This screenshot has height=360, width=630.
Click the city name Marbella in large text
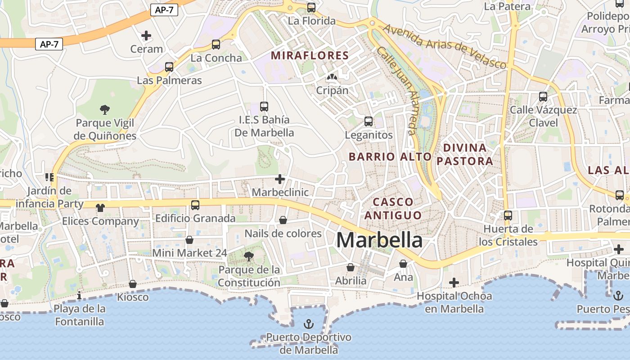(379, 240)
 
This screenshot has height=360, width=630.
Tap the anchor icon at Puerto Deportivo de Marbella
(309, 324)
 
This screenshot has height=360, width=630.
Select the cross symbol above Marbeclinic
(280, 179)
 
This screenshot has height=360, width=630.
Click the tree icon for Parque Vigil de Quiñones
(105, 109)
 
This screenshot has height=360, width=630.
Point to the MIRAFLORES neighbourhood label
(310, 55)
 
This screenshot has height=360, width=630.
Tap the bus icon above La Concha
(216, 45)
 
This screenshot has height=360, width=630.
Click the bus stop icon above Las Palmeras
(169, 67)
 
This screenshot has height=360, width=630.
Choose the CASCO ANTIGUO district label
(393, 208)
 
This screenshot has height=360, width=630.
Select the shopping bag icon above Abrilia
(351, 267)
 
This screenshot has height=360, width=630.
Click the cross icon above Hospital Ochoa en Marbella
(454, 283)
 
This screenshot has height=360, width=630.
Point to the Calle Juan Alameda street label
(404, 90)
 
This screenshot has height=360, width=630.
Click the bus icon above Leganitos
(369, 121)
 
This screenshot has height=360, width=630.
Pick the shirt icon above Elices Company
(100, 207)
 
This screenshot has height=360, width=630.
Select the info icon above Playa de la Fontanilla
(79, 295)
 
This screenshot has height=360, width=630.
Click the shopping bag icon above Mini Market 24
(189, 239)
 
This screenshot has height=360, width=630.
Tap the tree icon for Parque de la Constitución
(248, 256)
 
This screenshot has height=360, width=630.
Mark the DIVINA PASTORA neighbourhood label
(465, 154)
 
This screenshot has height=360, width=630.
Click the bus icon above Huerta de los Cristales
(508, 216)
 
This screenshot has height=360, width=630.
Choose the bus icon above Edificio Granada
(195, 205)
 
